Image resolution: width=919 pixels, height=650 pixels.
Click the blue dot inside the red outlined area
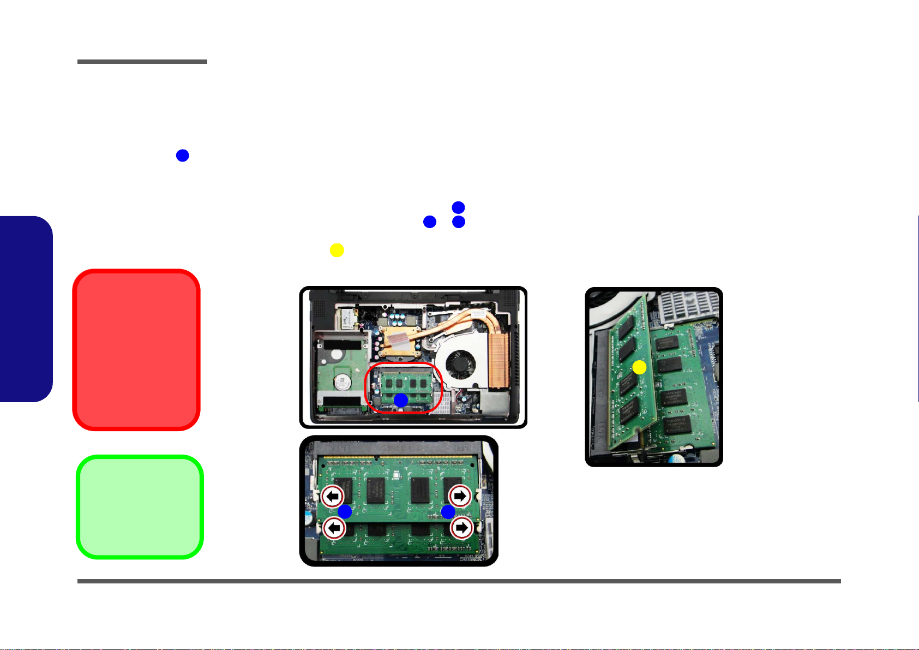(401, 400)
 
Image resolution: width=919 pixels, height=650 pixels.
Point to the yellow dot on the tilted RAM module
(639, 367)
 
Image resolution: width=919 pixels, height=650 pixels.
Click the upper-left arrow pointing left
(333, 496)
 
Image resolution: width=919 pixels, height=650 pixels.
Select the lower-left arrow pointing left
(334, 528)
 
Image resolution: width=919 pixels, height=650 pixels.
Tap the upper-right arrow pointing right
(460, 496)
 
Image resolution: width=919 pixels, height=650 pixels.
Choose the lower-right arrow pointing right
(461, 528)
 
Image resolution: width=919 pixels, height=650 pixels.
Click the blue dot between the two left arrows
(345, 511)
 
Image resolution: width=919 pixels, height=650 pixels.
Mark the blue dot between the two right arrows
(448, 511)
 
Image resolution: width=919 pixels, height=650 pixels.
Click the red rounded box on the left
(136, 349)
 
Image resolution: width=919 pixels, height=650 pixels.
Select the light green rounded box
(140, 506)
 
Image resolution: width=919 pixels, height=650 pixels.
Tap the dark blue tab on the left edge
(26, 309)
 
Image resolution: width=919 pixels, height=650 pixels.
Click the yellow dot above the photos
(337, 250)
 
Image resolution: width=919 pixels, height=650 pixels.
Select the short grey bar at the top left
(142, 62)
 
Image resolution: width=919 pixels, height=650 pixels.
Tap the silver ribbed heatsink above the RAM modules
(689, 307)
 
